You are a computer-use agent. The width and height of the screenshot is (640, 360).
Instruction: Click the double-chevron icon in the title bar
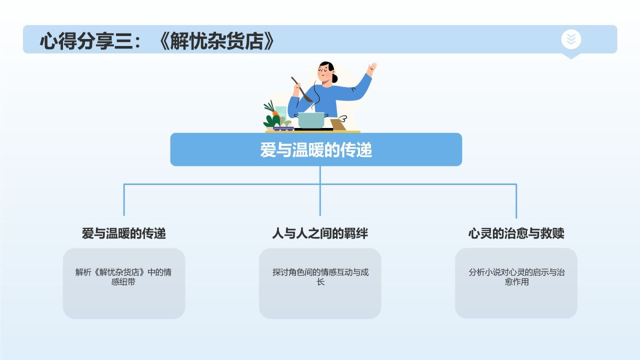point(571,39)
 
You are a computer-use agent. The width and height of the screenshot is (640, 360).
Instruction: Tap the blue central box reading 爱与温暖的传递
point(316,149)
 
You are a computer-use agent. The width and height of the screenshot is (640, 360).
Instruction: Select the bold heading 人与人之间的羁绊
point(320,233)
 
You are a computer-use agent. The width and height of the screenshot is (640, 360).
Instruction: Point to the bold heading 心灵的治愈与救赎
point(516,233)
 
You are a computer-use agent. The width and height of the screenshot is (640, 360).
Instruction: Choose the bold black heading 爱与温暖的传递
point(124,233)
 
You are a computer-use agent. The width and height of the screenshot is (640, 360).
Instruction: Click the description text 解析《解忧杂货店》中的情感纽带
point(123,277)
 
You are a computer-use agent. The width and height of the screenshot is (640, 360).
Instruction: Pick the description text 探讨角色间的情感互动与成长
point(320,277)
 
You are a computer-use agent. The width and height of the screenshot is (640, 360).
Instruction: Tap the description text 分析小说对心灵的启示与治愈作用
point(516,277)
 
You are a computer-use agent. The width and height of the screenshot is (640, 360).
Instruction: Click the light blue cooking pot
point(311,120)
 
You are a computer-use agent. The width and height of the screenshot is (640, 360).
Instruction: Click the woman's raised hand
point(371,68)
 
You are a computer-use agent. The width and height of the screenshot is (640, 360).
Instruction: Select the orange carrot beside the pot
point(275,113)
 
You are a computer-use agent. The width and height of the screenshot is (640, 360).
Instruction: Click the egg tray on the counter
point(282,128)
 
